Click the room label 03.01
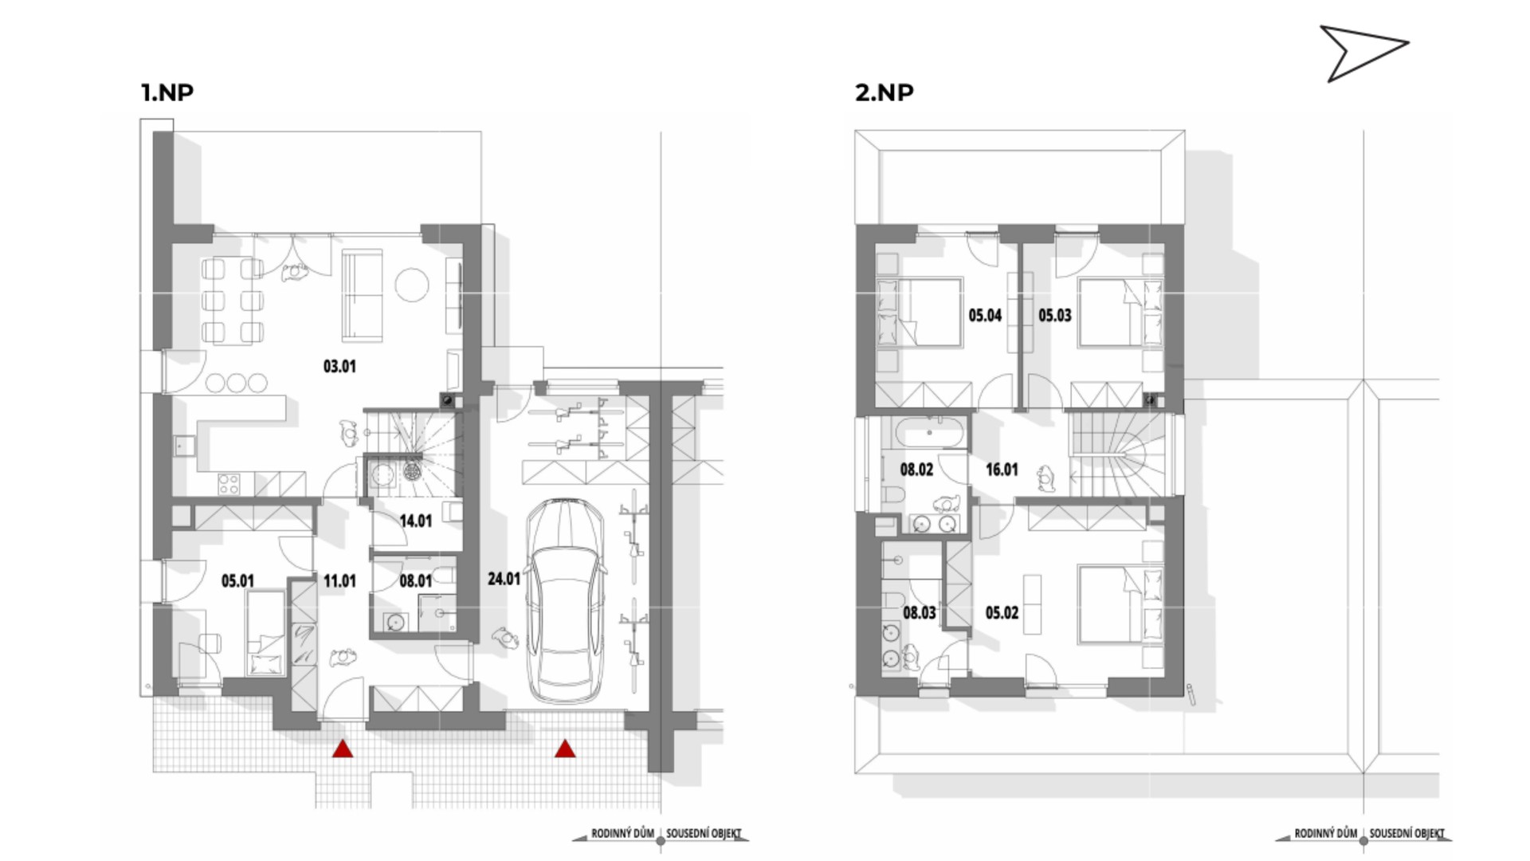(x=339, y=367)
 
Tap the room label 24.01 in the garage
(x=504, y=579)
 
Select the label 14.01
(x=415, y=521)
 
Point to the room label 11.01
(x=339, y=581)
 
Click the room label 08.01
(x=415, y=581)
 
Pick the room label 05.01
(x=237, y=581)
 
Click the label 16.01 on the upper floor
(x=1002, y=470)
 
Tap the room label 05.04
(x=985, y=316)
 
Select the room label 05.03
(x=1055, y=316)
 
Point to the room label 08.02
(x=916, y=470)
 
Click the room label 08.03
(x=920, y=613)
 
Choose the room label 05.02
(x=1002, y=613)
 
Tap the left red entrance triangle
(x=343, y=749)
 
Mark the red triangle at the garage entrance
(x=565, y=749)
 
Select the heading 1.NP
(x=167, y=92)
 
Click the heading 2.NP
(x=884, y=92)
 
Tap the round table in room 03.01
(x=413, y=285)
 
